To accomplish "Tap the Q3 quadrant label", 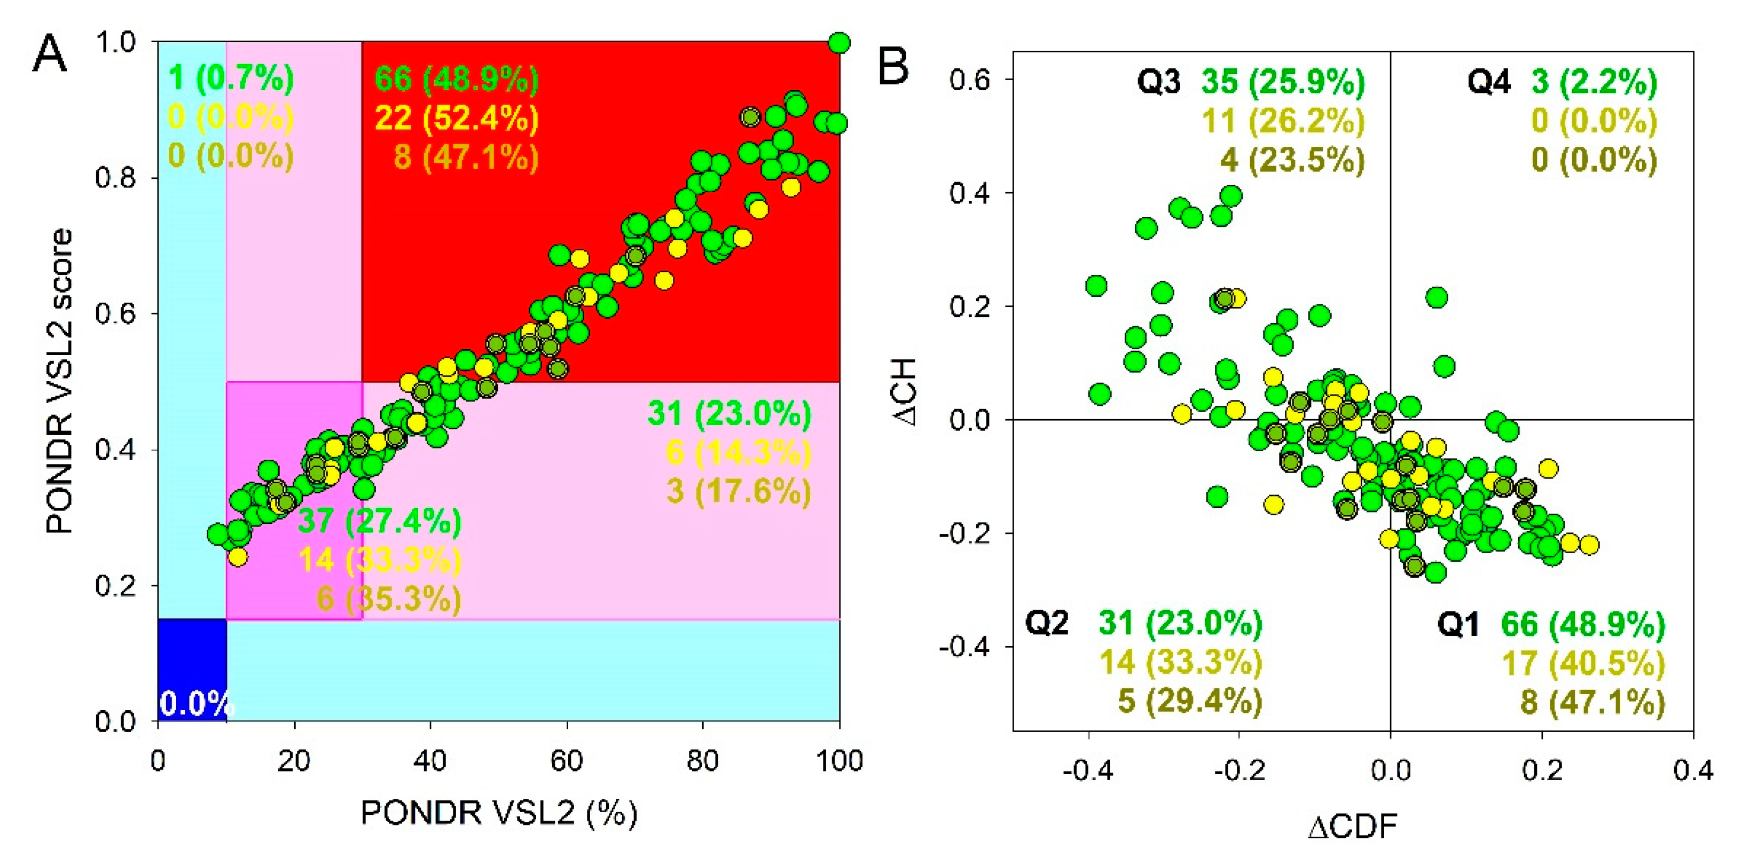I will (1158, 82).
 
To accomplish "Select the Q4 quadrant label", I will (1488, 82).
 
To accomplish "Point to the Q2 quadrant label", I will (1046, 622).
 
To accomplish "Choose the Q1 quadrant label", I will (1457, 624).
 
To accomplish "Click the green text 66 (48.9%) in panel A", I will (457, 79).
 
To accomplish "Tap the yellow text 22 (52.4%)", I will (457, 119).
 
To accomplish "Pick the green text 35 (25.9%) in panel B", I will (1283, 82).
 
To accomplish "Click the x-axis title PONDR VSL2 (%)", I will (498, 812).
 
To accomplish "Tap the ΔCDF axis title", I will (1353, 827).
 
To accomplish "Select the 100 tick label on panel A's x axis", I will (838, 761).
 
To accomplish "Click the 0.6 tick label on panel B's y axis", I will (970, 80).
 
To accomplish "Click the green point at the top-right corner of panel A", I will (838, 43).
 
